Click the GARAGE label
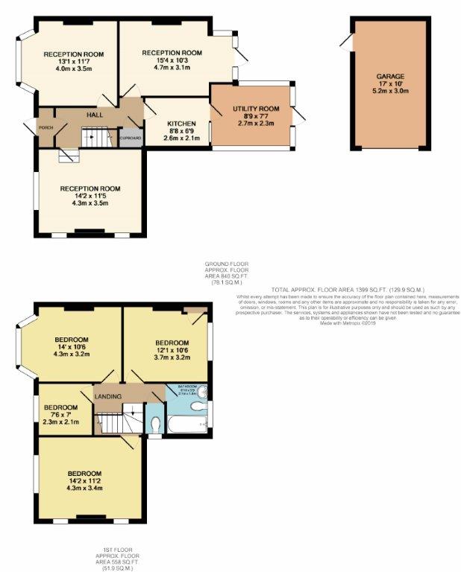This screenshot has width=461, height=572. coord(390,76)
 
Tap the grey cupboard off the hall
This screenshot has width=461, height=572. coord(131,138)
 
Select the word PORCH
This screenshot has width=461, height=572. coord(46,128)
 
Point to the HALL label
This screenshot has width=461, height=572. coord(95,115)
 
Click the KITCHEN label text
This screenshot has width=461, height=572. coord(181,124)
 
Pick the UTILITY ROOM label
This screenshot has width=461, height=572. coord(256,109)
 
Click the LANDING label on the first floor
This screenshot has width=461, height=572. coord(109,396)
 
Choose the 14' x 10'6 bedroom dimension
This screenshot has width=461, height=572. coord(72,348)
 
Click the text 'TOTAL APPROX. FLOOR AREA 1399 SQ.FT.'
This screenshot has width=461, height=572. coord(329,289)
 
